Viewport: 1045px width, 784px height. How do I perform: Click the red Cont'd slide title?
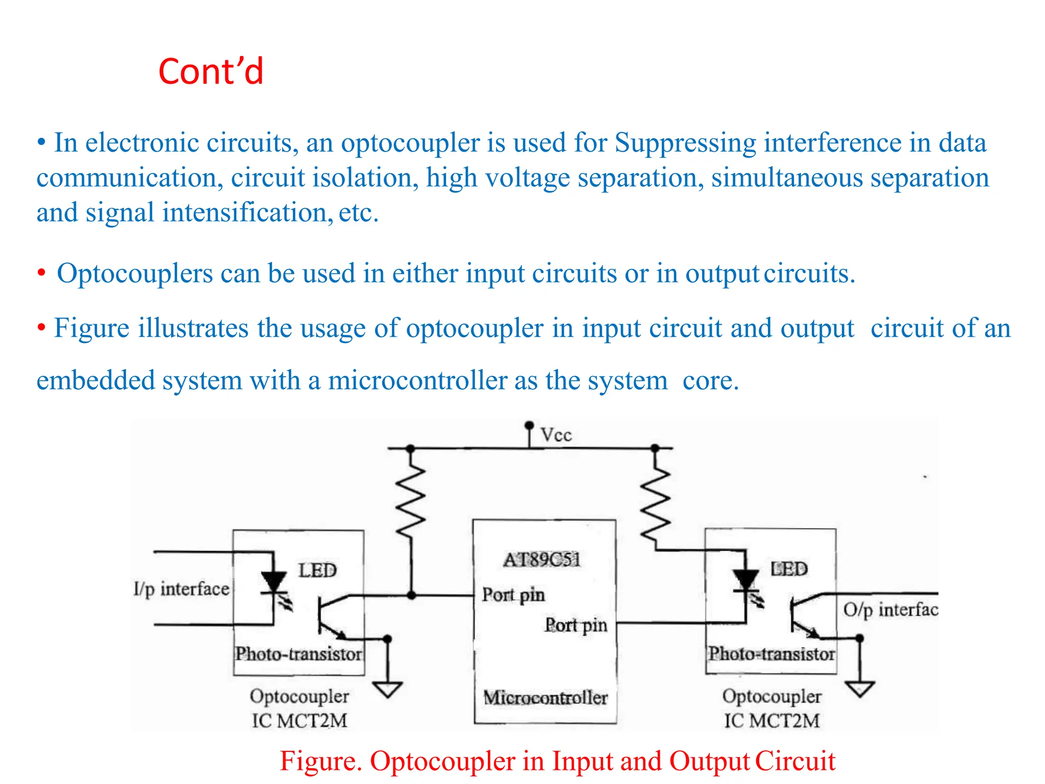point(211,71)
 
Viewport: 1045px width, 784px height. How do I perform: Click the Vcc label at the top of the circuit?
point(556,435)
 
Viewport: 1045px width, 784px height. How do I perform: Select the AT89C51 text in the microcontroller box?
point(542,560)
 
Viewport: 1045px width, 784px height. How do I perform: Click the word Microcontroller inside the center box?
point(545,698)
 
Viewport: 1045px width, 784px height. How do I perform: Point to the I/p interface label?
point(181,589)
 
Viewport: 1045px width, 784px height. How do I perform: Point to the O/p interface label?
point(890,609)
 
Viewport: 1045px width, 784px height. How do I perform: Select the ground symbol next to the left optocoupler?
point(387,689)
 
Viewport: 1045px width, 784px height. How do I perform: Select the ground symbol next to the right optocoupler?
point(860,689)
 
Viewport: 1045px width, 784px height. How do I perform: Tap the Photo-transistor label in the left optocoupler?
point(298,654)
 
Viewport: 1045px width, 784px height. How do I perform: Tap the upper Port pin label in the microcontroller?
point(513,595)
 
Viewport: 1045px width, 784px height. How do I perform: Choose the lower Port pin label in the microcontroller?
point(576,625)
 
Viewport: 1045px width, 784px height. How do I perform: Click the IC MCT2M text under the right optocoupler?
point(772,721)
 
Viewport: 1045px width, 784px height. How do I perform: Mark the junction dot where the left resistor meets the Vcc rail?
point(410,449)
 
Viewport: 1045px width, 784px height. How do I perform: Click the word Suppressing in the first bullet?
point(685,142)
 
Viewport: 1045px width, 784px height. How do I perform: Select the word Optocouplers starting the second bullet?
point(135,274)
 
